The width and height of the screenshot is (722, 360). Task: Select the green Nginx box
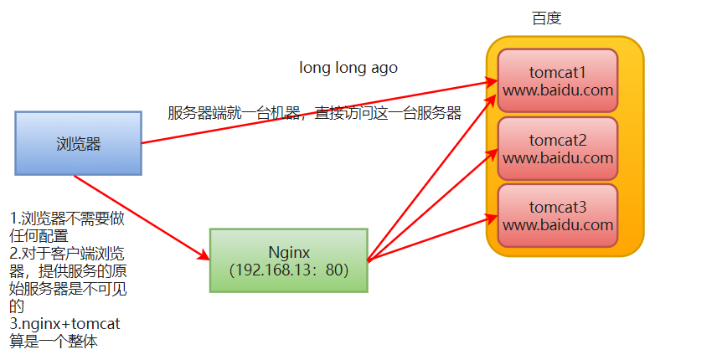[288, 260]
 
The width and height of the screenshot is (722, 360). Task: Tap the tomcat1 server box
[558, 80]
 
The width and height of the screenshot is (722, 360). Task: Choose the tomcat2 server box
[558, 148]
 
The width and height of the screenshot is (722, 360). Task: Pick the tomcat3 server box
[558, 215]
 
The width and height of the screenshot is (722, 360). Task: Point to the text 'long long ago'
[348, 68]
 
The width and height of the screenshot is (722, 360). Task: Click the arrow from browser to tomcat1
[318, 112]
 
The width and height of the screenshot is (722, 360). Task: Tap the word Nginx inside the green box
[289, 250]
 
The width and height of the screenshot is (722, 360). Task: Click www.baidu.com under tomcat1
[558, 90]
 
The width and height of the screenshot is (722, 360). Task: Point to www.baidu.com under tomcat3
[558, 224]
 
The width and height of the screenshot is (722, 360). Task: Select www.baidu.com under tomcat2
[558, 157]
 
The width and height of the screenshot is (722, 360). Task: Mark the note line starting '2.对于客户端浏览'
[67, 252]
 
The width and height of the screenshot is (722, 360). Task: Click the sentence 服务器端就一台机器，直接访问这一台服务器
[314, 113]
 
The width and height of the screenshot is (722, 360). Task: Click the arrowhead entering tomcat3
[492, 219]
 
